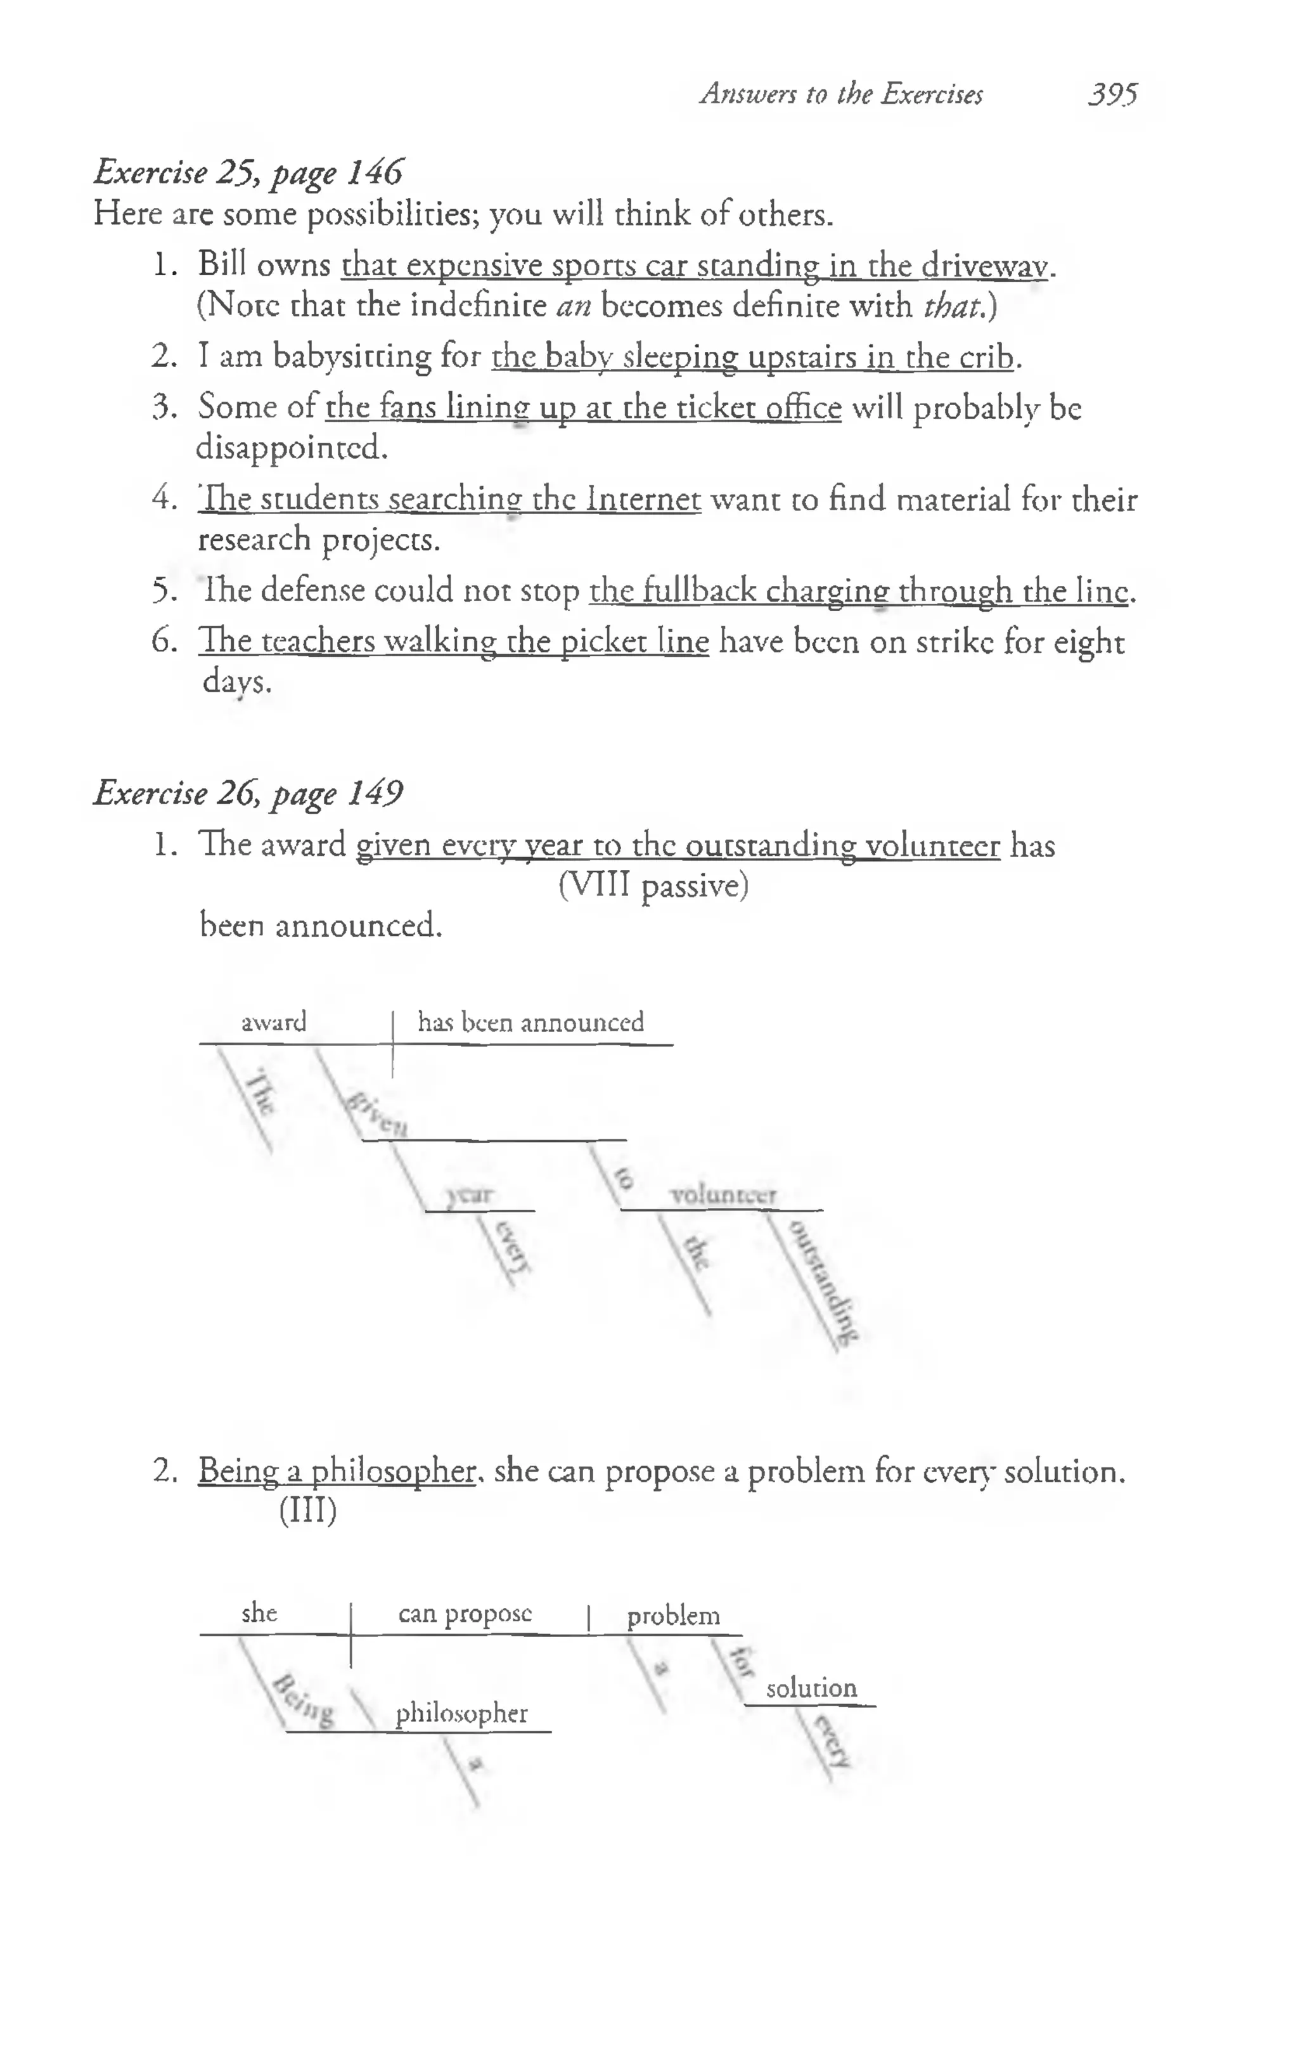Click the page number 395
pos(1113,93)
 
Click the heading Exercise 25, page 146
pos(248,172)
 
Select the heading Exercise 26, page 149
pos(248,794)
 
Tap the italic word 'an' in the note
pos(574,304)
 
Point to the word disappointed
pos(292,447)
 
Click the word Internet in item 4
pos(643,499)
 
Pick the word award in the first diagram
pos(274,1022)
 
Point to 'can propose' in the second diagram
pos(465,1614)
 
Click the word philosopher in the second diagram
pos(461,1714)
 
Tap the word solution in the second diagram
pos(811,1687)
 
